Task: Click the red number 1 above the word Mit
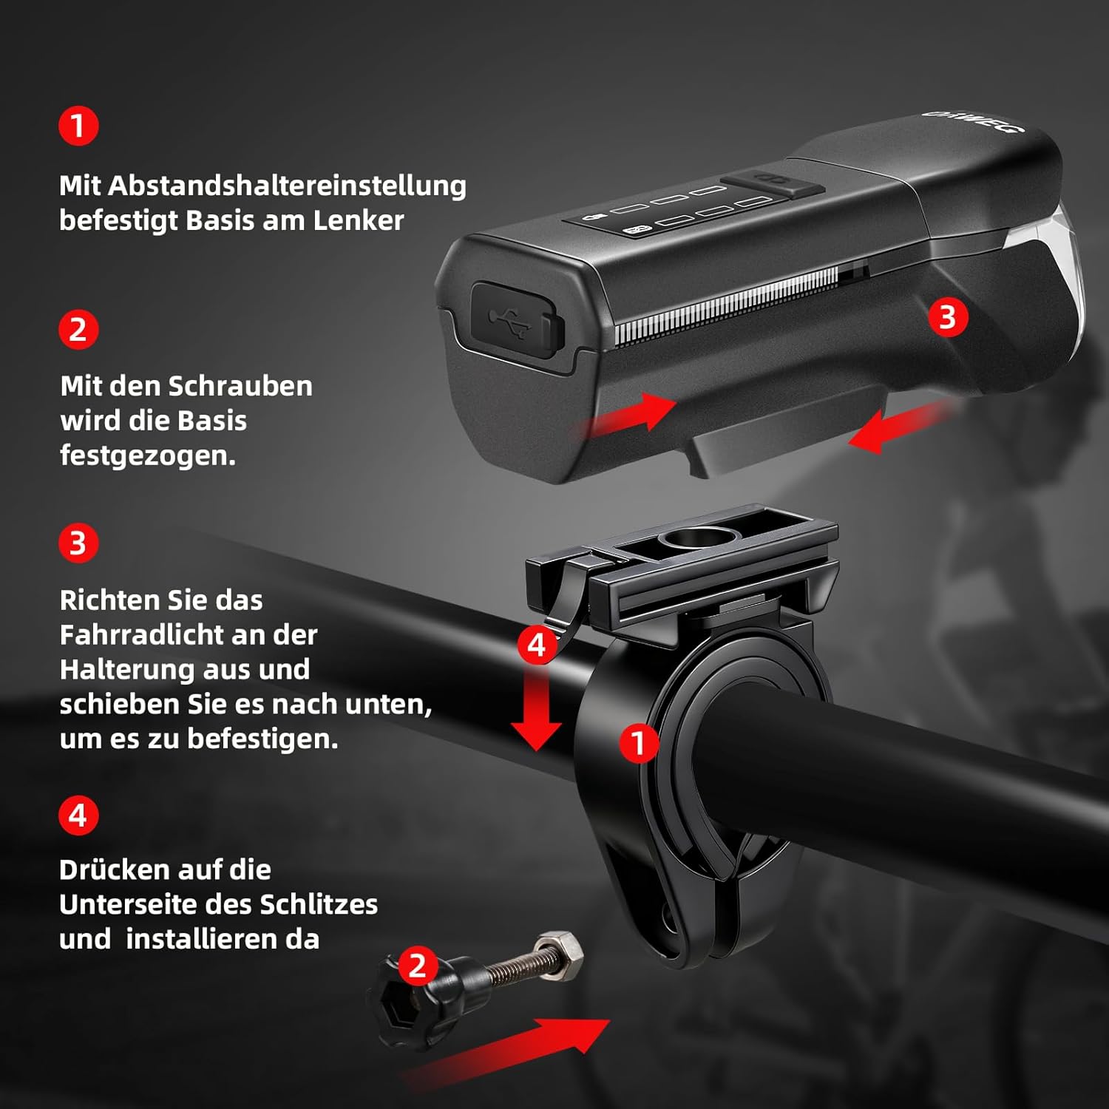[78, 126]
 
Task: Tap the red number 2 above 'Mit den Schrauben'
[78, 330]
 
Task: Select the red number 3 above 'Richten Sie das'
[78, 543]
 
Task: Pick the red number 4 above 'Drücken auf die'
[78, 815]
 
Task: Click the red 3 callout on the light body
[948, 317]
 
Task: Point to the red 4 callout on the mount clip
[537, 645]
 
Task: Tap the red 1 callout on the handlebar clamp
[639, 743]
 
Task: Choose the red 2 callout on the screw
[418, 966]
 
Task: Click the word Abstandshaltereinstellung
[287, 186]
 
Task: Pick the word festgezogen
[148, 455]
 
